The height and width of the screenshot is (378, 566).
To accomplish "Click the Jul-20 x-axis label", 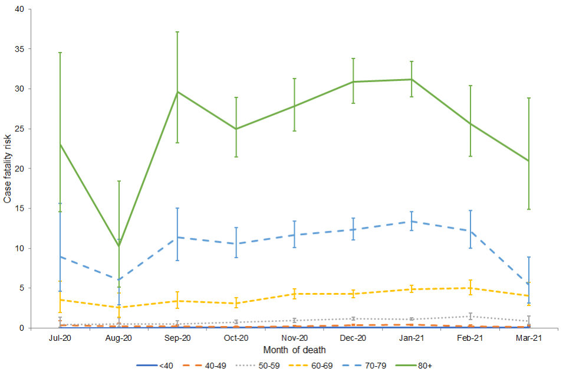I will point(61,338).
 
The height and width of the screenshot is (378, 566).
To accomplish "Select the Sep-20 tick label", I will point(178,338).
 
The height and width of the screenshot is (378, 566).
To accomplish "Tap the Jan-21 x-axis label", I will point(412,338).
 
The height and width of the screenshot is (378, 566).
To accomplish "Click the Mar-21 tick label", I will point(529,338).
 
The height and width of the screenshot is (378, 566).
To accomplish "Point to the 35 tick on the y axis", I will point(19,49).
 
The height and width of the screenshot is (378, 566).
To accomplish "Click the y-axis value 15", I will point(19,208).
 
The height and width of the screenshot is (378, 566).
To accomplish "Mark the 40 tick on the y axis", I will point(19,9).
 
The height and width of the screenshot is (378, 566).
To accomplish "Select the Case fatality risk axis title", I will point(8,168).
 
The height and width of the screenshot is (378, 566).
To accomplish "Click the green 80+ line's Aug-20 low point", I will point(119,246).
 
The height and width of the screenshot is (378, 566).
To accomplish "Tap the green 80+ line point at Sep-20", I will point(177,92).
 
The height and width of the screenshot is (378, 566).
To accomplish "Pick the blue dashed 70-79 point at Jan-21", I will point(412,221).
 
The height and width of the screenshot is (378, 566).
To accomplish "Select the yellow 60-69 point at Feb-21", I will point(470,288).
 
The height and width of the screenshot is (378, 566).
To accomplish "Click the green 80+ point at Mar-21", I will point(529,161).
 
